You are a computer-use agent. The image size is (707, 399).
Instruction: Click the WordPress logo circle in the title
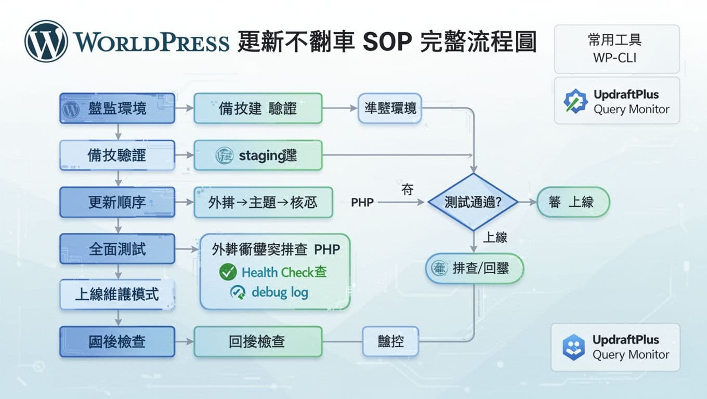46,41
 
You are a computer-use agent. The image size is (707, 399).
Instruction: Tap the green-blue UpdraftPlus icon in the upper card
575,101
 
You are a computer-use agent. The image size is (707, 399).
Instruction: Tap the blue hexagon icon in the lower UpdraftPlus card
573,347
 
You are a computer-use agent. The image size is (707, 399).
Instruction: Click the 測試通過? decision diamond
473,202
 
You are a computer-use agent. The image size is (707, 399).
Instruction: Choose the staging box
258,155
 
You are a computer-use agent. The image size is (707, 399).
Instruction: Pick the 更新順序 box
117,202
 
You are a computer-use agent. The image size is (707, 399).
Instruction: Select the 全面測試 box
117,249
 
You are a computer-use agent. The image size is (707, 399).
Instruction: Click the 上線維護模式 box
117,295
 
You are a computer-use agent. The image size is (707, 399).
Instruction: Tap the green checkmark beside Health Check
228,271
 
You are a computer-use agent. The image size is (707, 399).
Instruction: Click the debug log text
280,292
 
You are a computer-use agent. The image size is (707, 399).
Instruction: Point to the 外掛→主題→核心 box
263,202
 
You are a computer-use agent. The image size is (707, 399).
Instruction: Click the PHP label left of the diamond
362,203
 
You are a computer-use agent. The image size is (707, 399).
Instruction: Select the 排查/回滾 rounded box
474,269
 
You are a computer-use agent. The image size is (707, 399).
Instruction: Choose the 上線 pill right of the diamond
572,202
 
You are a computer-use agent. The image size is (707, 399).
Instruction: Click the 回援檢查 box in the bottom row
258,341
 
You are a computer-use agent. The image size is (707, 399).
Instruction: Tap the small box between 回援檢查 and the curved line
390,341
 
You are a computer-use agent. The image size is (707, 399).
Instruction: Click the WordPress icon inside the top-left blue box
71,109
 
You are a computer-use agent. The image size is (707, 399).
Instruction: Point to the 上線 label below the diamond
494,237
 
